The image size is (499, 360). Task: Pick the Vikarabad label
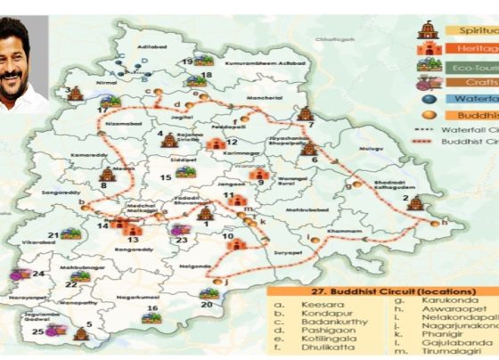[x=39, y=241]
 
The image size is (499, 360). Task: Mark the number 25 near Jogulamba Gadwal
[x=37, y=331]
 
